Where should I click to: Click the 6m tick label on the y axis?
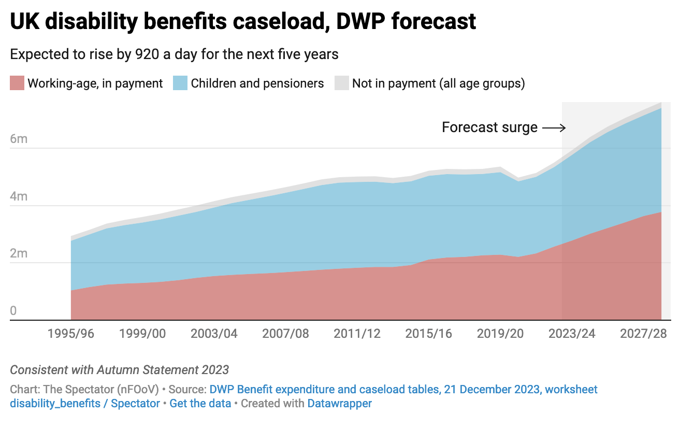(19, 139)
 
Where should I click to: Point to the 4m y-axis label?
(19, 197)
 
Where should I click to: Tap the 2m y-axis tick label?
(19, 254)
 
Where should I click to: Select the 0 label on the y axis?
(13, 311)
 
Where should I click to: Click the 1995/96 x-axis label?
(71, 333)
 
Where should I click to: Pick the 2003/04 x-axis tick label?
(214, 333)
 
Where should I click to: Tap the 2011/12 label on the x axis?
(357, 333)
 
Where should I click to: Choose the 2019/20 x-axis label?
(500, 333)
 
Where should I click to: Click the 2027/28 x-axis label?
(643, 333)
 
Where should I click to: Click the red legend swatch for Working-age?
(17, 83)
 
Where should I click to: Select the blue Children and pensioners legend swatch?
(180, 83)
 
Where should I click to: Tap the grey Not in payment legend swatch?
(341, 83)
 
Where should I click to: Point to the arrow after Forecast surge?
(553, 127)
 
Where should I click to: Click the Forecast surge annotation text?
(489, 127)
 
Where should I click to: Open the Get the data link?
(200, 403)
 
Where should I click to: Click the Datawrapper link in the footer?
(340, 403)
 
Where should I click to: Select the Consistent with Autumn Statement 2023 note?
(120, 370)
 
